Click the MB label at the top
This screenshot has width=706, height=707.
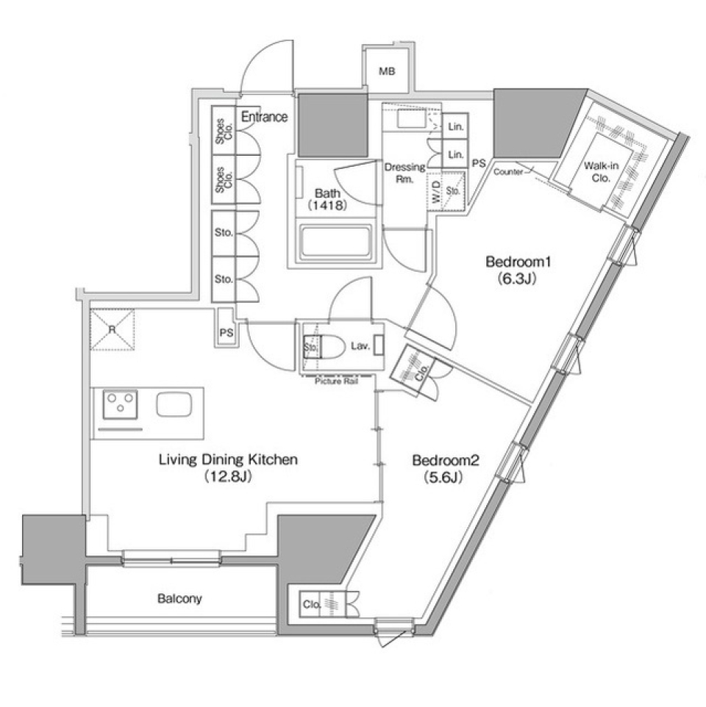[x=387, y=71]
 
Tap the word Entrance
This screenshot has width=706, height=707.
[x=264, y=117]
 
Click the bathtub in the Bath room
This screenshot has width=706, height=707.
[x=335, y=242]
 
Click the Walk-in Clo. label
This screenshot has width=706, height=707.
[x=597, y=172]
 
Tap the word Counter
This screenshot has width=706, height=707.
[x=509, y=171]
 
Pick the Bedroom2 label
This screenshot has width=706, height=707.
[x=446, y=461]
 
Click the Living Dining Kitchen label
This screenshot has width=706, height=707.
[x=228, y=460]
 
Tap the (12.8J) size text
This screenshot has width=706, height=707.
[x=228, y=477]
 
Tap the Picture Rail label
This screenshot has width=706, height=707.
[x=336, y=381]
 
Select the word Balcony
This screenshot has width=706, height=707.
[x=179, y=599]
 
